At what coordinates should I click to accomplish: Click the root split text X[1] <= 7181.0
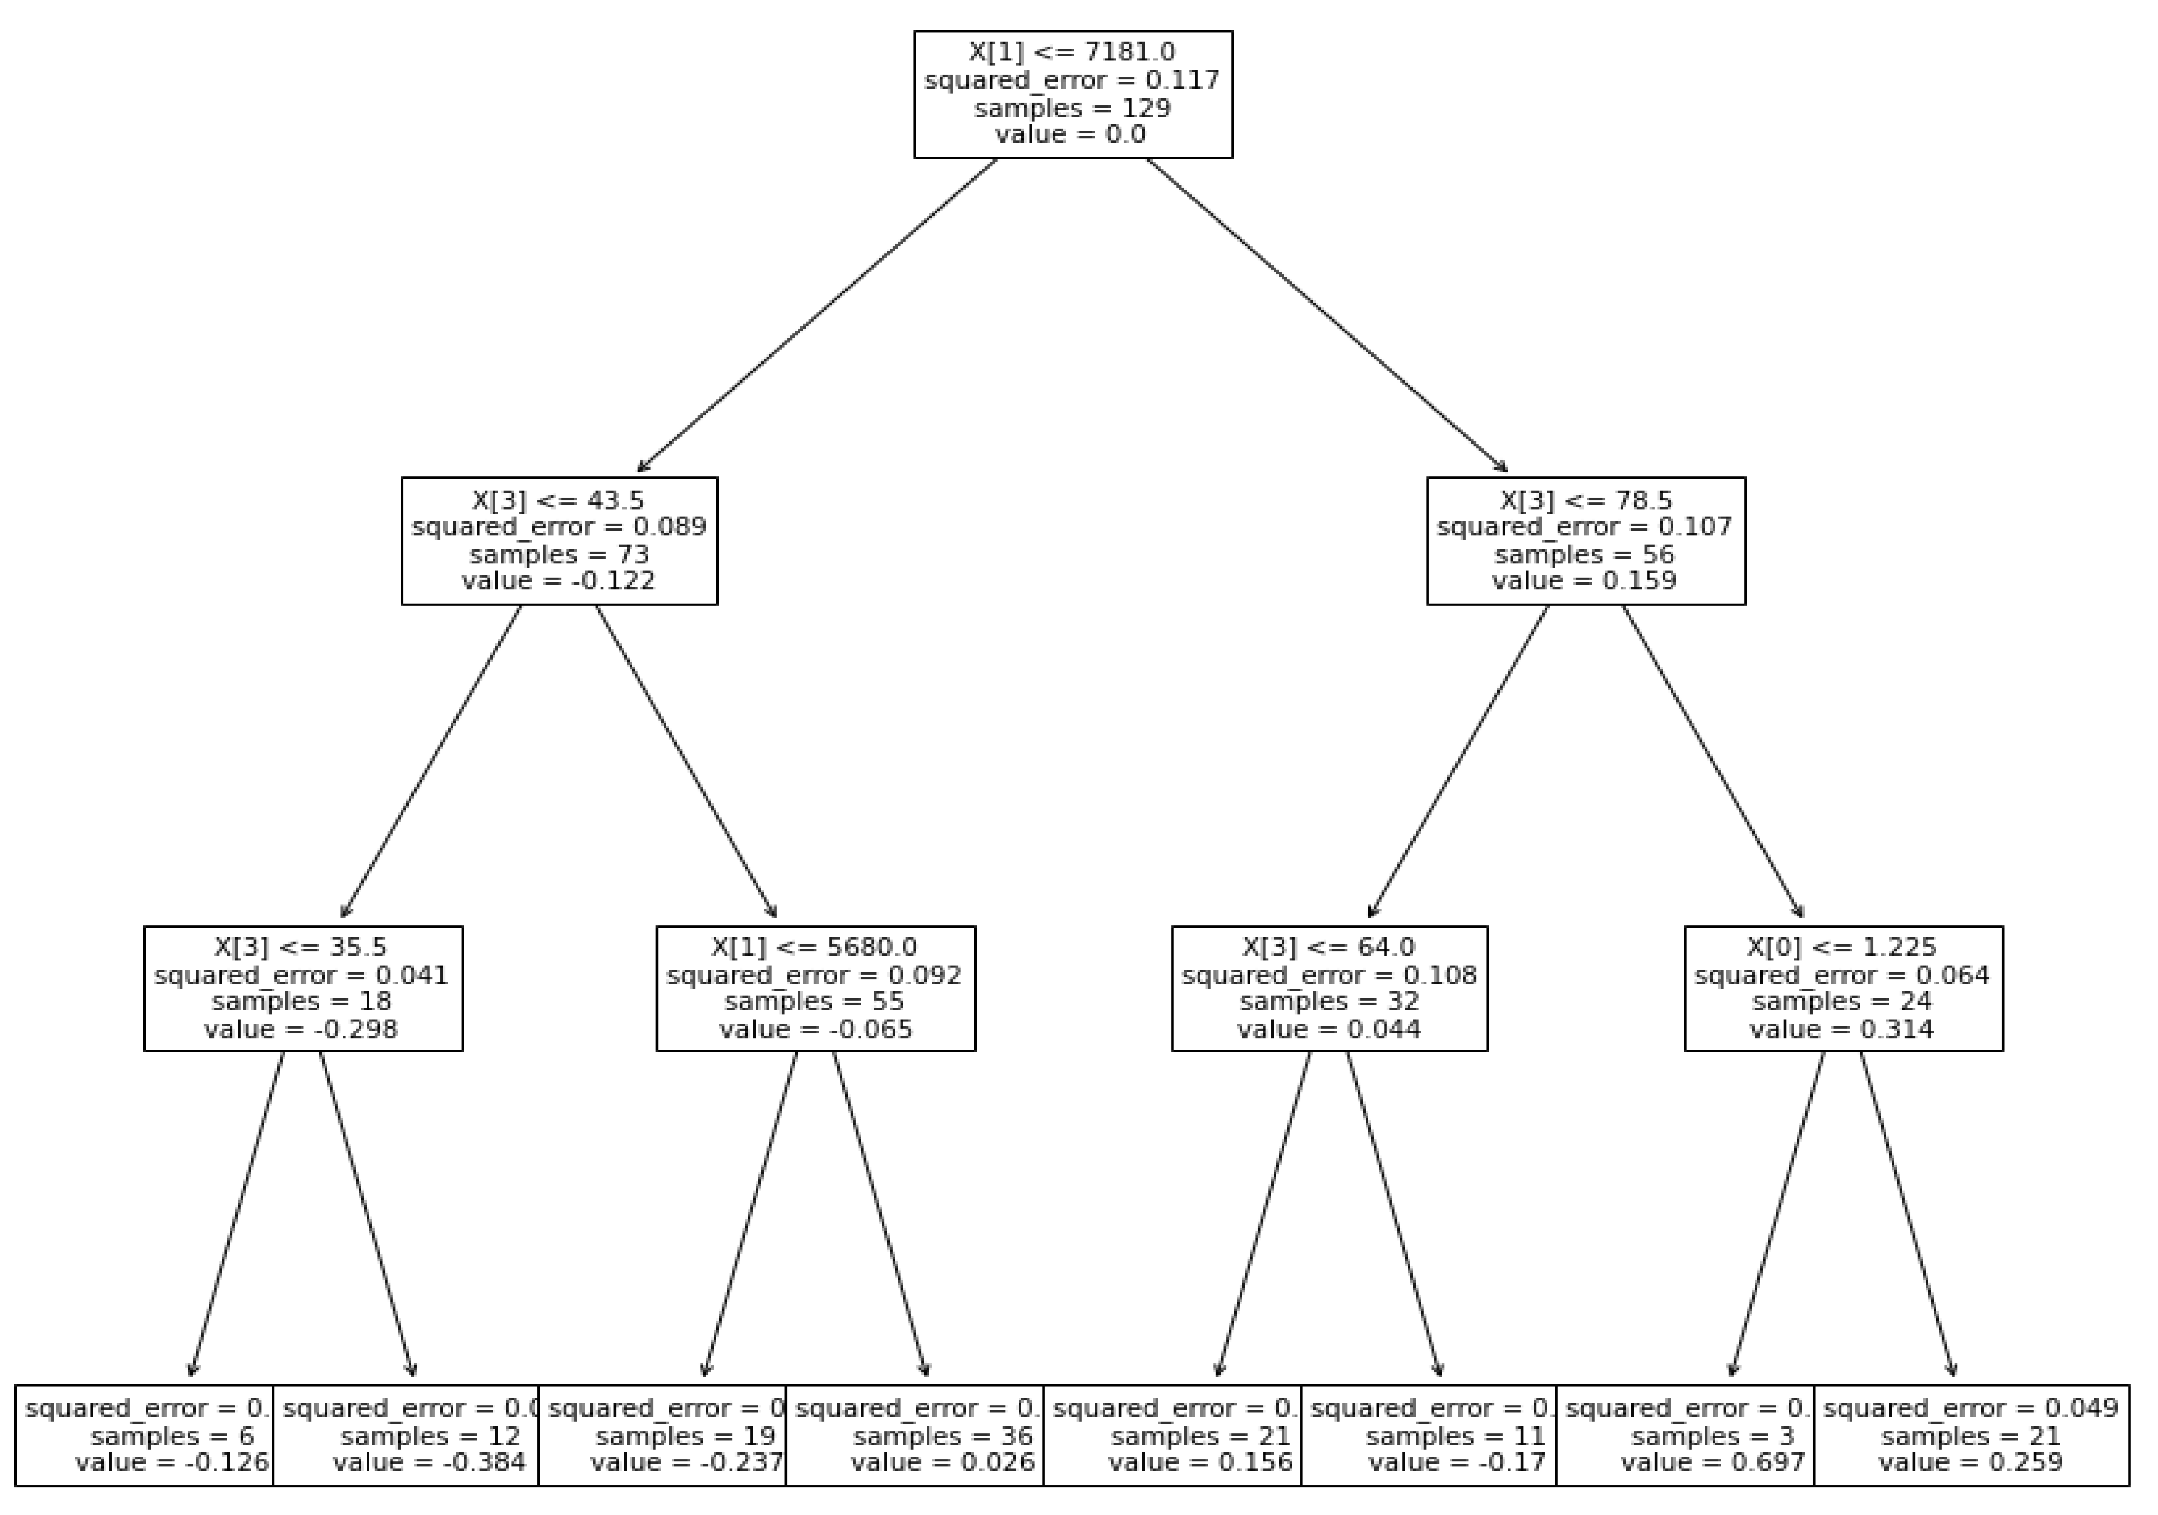(x=1073, y=52)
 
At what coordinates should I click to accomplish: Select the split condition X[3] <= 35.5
(x=301, y=947)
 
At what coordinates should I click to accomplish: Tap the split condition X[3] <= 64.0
(x=1328, y=947)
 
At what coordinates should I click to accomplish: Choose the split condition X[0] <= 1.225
(x=1842, y=947)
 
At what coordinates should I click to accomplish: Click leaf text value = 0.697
(x=1713, y=1463)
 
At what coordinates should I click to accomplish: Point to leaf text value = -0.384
(x=429, y=1463)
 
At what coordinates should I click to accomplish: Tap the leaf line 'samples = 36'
(x=943, y=1436)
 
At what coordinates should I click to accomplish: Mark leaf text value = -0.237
(x=686, y=1463)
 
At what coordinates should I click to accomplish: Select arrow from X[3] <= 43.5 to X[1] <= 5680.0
(x=686, y=761)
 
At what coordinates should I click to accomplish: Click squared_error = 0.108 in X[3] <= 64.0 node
(x=1329, y=975)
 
